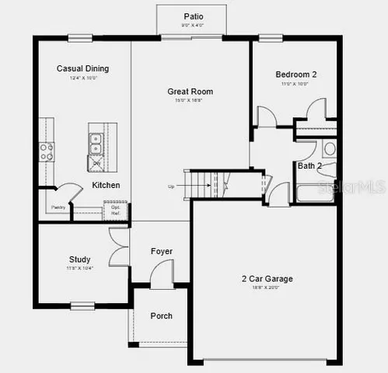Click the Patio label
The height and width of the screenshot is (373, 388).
[194, 16]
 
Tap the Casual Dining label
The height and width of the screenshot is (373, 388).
[82, 68]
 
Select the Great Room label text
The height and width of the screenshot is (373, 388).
[190, 92]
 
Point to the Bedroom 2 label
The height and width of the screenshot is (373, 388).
[296, 75]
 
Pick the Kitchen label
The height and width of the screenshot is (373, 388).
[106, 185]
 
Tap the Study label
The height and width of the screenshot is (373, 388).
[79, 260]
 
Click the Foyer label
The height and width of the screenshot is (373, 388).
[162, 251]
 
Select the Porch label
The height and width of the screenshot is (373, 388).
[161, 315]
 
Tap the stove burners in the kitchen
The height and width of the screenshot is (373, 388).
[47, 150]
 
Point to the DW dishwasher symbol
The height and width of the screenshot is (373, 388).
[96, 163]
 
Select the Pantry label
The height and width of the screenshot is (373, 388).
[58, 207]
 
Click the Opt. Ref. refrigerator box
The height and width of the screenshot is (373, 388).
[115, 210]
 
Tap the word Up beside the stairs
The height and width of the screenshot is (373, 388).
[171, 186]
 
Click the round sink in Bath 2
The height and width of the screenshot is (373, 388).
[329, 148]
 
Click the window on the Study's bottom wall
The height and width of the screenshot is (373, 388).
[82, 305]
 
